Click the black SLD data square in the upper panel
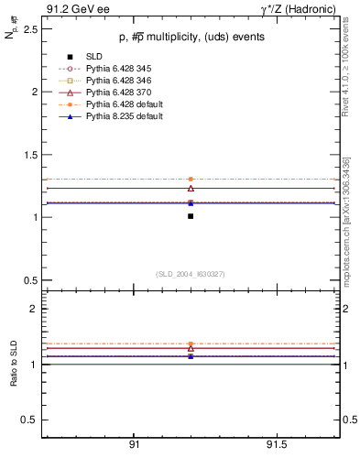point(191,216)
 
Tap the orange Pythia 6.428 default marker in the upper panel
point(191,180)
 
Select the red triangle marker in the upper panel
point(191,188)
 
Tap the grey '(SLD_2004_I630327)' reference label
point(190,274)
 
